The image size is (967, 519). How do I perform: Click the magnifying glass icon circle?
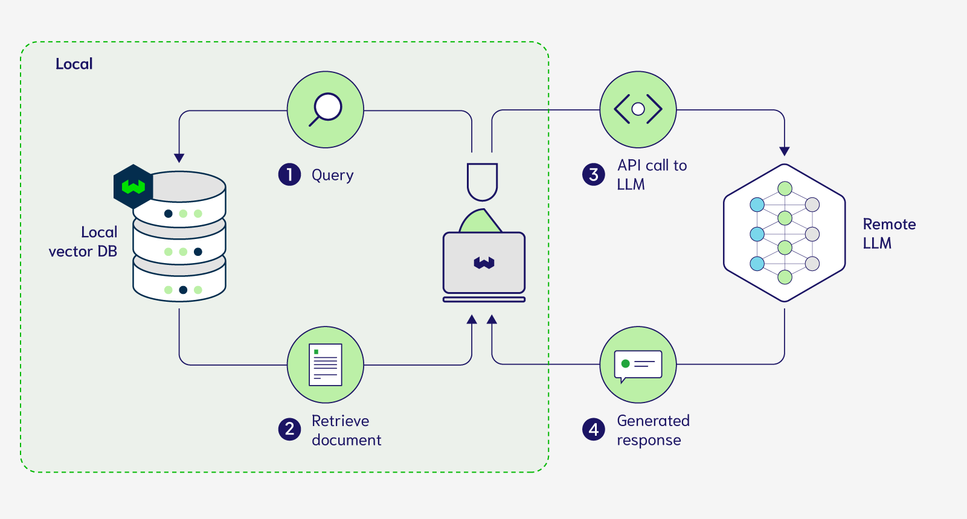(x=326, y=110)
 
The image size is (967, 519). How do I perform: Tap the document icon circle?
(x=326, y=365)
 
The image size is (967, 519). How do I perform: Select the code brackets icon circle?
(x=638, y=110)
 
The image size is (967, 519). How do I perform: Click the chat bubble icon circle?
(x=638, y=365)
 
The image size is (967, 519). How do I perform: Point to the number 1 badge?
(x=289, y=174)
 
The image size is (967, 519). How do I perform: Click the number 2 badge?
(x=289, y=429)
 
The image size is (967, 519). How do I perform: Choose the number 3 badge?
(x=594, y=174)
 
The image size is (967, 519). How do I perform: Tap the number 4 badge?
(x=594, y=429)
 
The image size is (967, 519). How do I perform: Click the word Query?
(x=332, y=175)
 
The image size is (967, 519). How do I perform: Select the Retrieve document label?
(x=346, y=430)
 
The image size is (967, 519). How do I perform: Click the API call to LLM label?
(x=652, y=175)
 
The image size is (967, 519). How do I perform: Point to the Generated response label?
(x=653, y=430)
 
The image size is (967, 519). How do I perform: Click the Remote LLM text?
(x=889, y=234)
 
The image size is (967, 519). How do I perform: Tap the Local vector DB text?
(x=83, y=241)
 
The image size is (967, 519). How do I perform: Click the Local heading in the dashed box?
(x=74, y=64)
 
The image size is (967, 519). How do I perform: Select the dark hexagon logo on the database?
(x=133, y=186)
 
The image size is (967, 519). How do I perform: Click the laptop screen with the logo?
(x=484, y=263)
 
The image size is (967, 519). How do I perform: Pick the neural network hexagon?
(x=784, y=233)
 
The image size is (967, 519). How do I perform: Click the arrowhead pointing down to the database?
(x=179, y=158)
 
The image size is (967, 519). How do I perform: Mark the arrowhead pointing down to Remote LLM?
(x=784, y=151)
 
